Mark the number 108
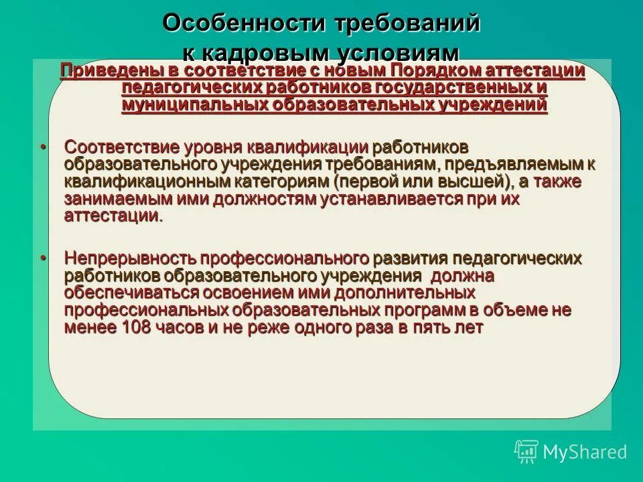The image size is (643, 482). [137, 328]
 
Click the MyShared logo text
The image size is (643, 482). [585, 452]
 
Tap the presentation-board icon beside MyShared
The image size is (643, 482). [526, 451]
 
